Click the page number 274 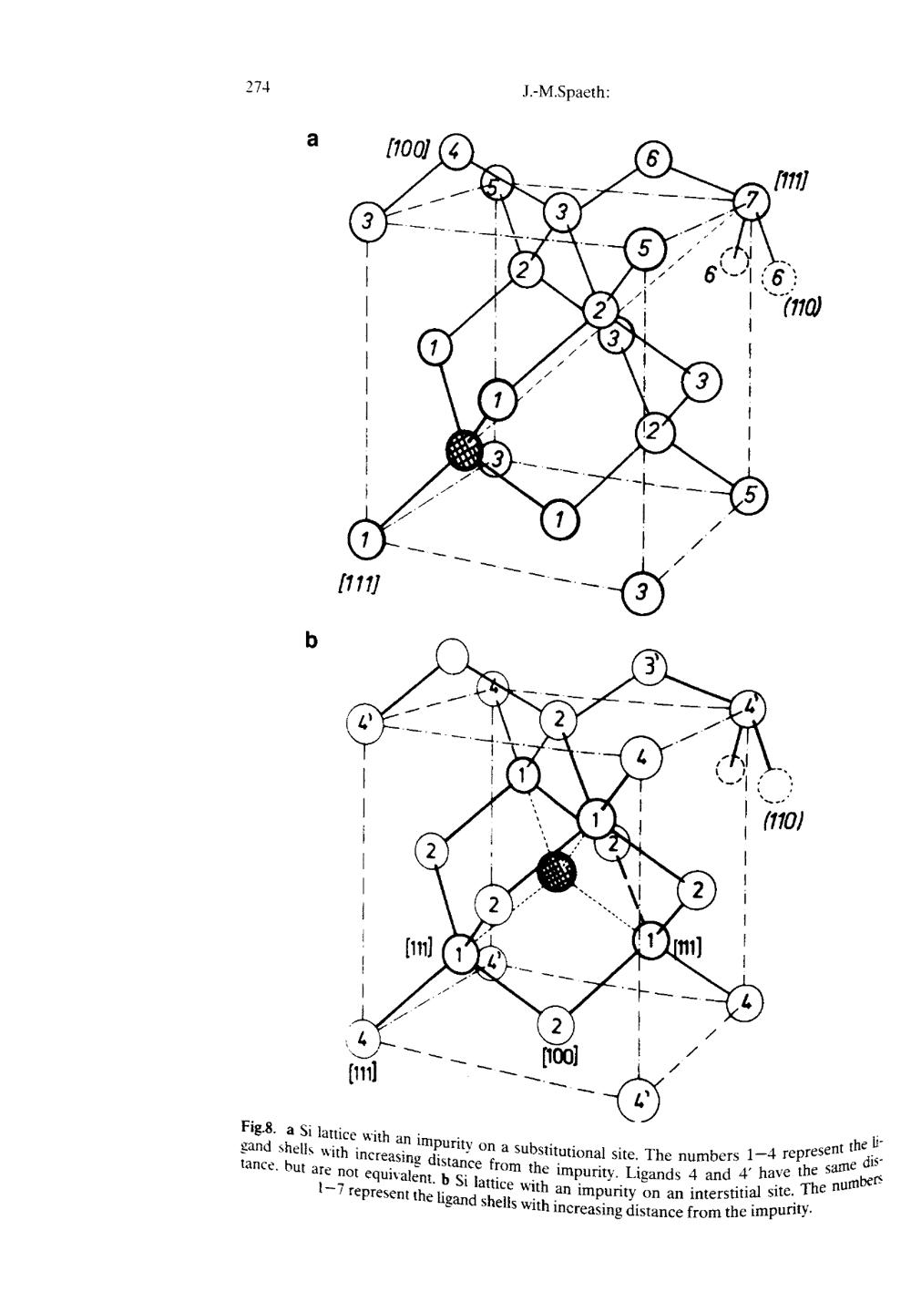[x=256, y=87]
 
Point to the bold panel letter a [x=312, y=140]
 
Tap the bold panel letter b [x=312, y=641]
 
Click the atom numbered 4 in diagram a [x=456, y=152]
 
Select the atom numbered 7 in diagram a [x=752, y=200]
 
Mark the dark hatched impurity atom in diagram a [x=465, y=450]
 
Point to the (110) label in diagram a [x=801, y=306]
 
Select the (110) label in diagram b [x=783, y=823]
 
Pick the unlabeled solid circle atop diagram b [x=453, y=656]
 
